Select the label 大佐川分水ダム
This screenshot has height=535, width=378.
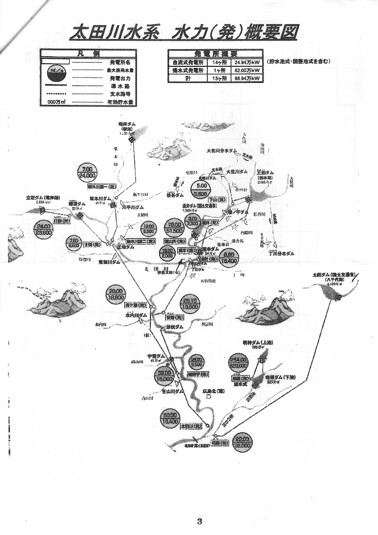(221, 151)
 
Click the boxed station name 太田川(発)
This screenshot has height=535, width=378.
(190, 426)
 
